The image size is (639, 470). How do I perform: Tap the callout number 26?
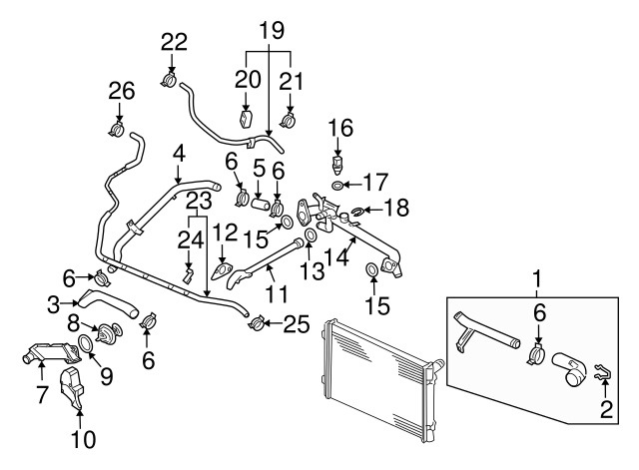click(x=121, y=92)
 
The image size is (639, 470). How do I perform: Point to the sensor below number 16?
click(x=339, y=162)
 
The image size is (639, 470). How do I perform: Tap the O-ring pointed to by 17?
click(x=339, y=186)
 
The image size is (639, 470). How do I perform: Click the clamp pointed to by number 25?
click(x=257, y=322)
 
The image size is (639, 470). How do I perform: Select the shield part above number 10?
click(x=76, y=389)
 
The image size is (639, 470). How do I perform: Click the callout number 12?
click(x=225, y=233)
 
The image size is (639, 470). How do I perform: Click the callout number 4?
click(x=179, y=155)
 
